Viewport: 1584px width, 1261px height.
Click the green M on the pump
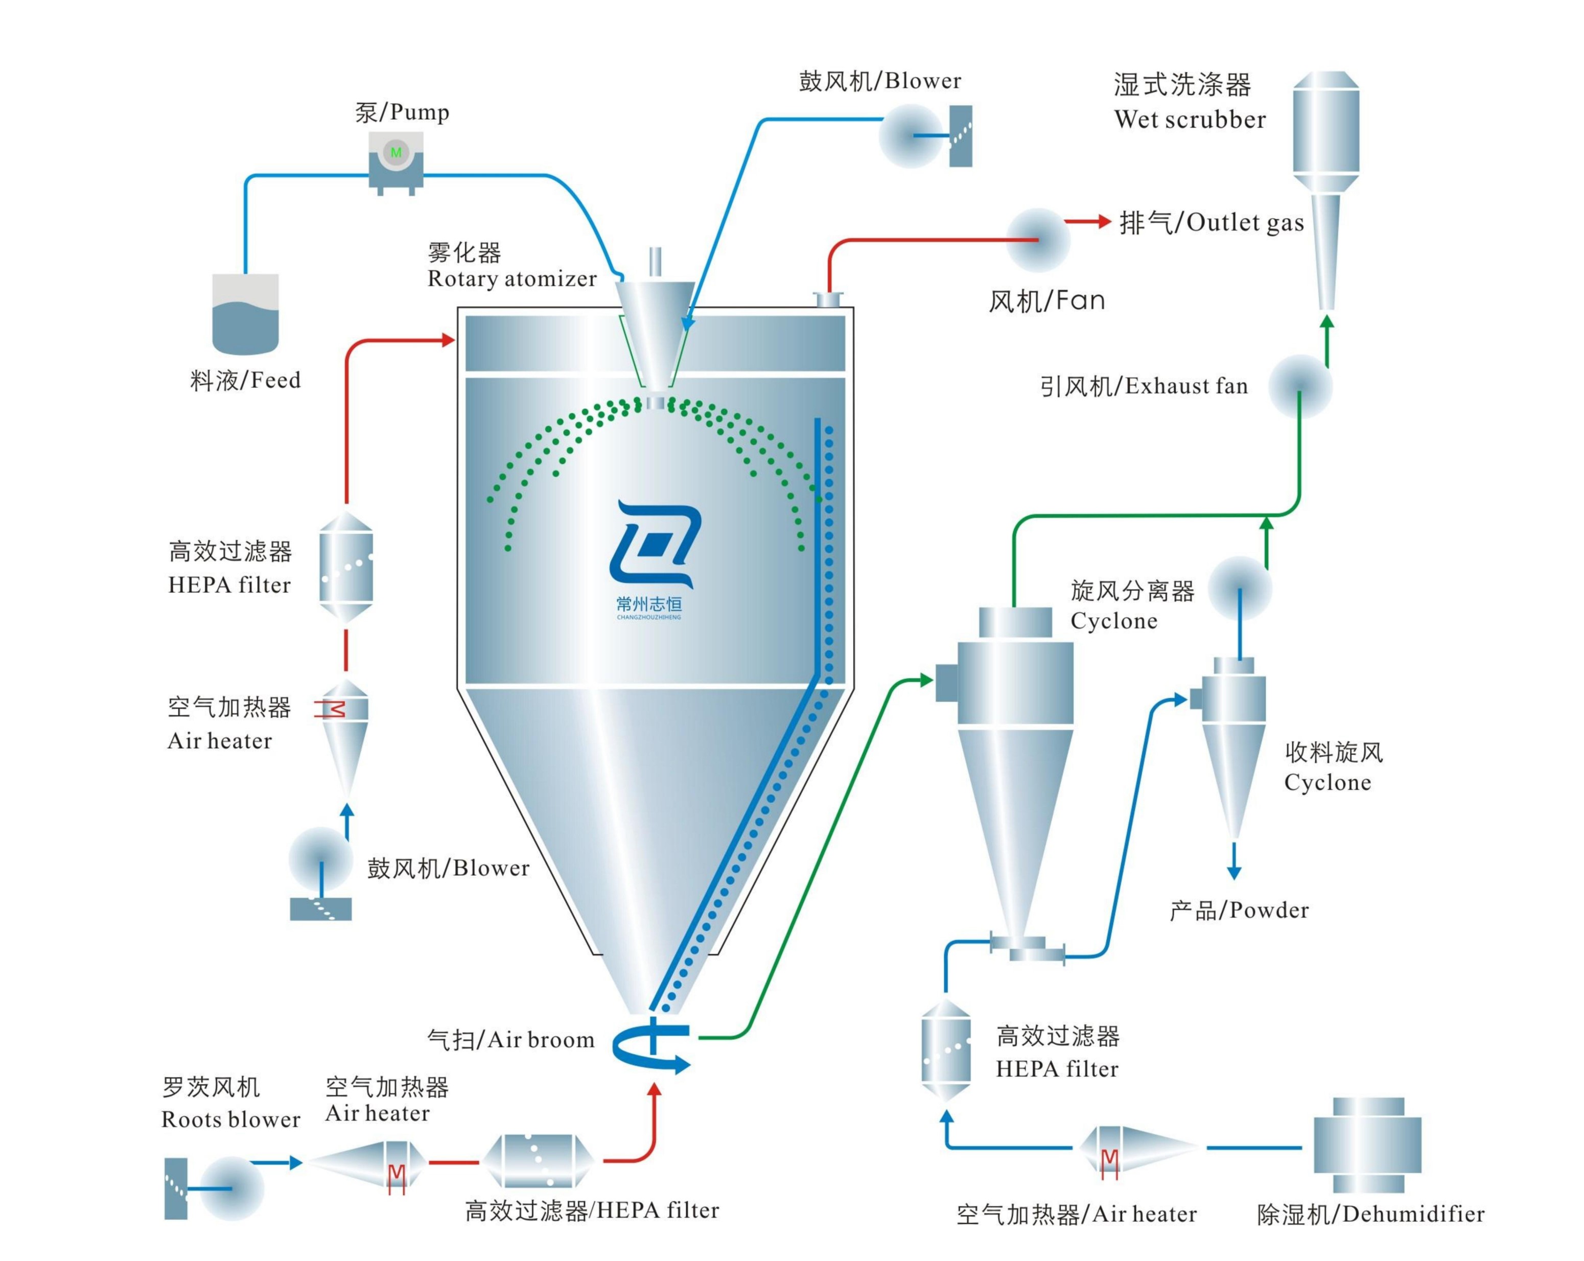(396, 152)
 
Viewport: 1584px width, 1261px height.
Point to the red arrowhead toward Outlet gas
(1103, 221)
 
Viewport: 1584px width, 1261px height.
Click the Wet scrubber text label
(1190, 120)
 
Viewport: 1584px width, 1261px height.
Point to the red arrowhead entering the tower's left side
(448, 339)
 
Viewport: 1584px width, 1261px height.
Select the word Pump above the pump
(420, 112)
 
